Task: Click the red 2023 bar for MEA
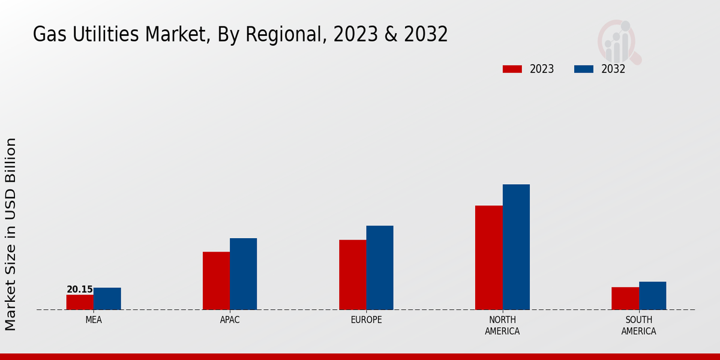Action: click(x=80, y=302)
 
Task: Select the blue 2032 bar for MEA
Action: click(x=107, y=299)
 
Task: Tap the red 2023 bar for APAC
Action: click(x=216, y=281)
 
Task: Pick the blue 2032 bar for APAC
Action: click(x=243, y=274)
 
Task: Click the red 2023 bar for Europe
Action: click(x=352, y=275)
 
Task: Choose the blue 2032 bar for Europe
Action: click(x=380, y=268)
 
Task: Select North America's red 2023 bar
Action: click(x=488, y=258)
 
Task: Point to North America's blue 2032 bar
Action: click(x=516, y=247)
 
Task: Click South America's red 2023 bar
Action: click(x=625, y=299)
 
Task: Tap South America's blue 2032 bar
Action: click(x=652, y=296)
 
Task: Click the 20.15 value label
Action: click(x=80, y=290)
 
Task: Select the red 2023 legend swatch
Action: click(x=512, y=69)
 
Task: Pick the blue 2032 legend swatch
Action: click(x=584, y=69)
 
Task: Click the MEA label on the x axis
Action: click(x=94, y=320)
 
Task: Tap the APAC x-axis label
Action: click(x=230, y=320)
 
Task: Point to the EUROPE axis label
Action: click(x=366, y=320)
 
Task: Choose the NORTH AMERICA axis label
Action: click(x=502, y=325)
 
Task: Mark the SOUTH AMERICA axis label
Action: click(x=638, y=325)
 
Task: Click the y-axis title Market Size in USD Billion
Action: click(x=11, y=234)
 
